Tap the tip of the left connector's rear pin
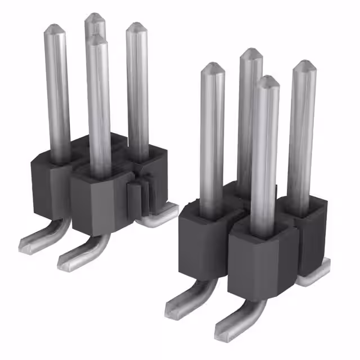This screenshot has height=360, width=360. point(95,18)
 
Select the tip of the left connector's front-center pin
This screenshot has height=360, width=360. point(97,39)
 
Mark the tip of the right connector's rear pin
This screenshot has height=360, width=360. point(251,53)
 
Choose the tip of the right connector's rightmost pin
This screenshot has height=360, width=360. point(304,64)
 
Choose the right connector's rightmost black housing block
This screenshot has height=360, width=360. point(309,236)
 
